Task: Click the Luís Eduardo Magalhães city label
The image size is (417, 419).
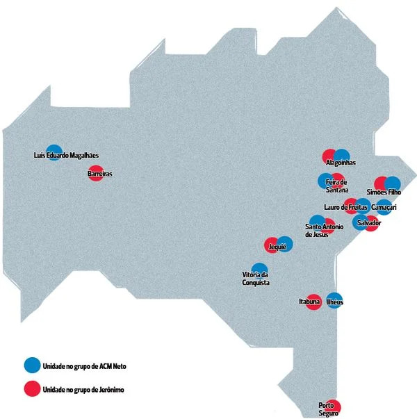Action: click(x=67, y=156)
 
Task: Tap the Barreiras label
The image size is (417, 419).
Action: click(x=100, y=174)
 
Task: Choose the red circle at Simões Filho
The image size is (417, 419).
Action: click(x=381, y=183)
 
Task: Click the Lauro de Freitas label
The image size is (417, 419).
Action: click(x=345, y=207)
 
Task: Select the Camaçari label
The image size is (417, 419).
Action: click(x=384, y=207)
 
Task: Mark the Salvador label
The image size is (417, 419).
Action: click(x=367, y=222)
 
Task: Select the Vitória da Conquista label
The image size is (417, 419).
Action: click(x=256, y=279)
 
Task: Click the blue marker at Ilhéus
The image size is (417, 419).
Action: click(x=334, y=300)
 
